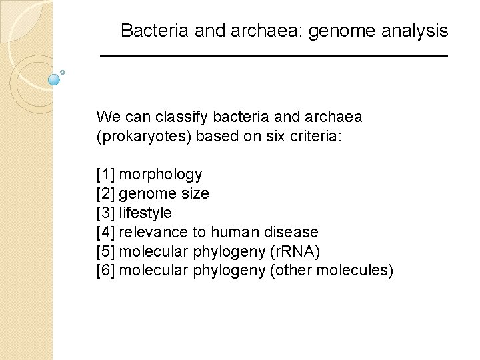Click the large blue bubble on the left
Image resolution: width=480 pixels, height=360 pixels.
[x=55, y=79]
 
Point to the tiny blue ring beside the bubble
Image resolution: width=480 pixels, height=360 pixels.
[x=62, y=72]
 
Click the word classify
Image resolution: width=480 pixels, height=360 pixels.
[x=182, y=117]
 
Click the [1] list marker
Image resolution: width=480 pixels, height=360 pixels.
[x=105, y=175]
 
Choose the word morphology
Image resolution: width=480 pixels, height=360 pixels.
[x=161, y=175]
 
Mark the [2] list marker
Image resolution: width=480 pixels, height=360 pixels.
[x=105, y=194]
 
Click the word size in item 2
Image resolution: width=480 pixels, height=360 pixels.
[x=195, y=194]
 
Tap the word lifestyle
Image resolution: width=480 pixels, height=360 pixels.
[x=145, y=213]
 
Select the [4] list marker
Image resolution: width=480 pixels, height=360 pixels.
[x=105, y=233]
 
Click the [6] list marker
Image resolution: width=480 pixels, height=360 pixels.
[x=105, y=271]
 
